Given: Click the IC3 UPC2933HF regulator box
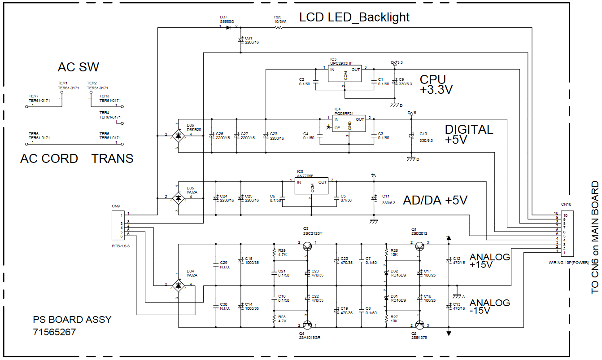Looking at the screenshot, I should click(344, 75).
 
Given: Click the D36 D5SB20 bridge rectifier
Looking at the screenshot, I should click(179, 135).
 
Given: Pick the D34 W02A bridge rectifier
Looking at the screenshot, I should click(179, 285).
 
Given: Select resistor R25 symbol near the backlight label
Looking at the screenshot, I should click(279, 27).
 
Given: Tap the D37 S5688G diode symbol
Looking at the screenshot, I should click(228, 27).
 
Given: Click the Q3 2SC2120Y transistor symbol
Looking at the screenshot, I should click(307, 246).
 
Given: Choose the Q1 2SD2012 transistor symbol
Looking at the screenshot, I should click(419, 246).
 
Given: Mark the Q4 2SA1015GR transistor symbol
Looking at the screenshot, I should click(307, 325).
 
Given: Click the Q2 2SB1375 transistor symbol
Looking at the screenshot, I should click(419, 325).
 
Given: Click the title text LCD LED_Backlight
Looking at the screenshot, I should click(354, 18).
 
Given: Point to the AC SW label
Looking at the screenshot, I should click(79, 67).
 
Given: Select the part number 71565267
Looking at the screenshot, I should click(54, 333).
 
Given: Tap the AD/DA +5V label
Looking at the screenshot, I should click(435, 201).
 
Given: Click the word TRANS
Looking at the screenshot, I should click(113, 158).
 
